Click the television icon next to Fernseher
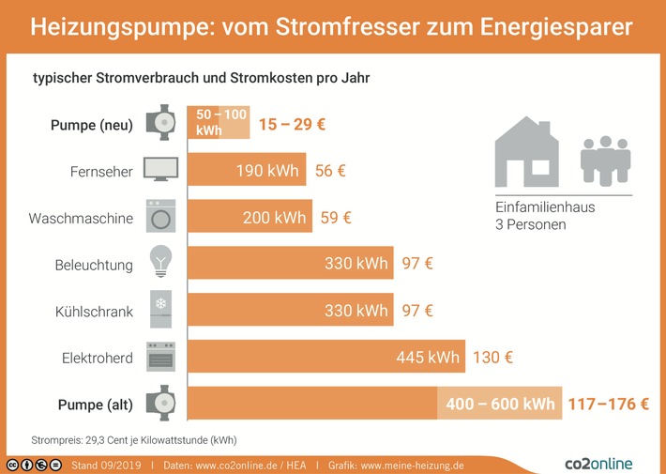pos(160,170)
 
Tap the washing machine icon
pos(160,217)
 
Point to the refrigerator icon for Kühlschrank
pos(160,310)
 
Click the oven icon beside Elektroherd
pos(160,357)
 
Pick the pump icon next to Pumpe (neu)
pos(160,123)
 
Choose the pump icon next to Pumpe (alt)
pos(160,404)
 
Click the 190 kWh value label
pos(267,171)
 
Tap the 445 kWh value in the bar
pos(428,358)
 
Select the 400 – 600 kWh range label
pos(500,405)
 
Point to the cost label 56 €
pos(329,171)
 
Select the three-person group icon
pos(604,160)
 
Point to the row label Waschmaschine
pos(81,218)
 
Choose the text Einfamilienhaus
pos(545,207)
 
